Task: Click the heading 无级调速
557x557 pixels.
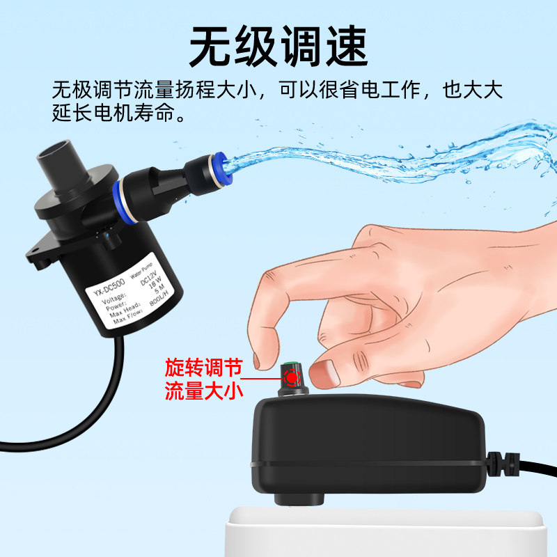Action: pyautogui.click(x=278, y=47)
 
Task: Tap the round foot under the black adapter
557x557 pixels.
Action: pyautogui.click(x=299, y=499)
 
